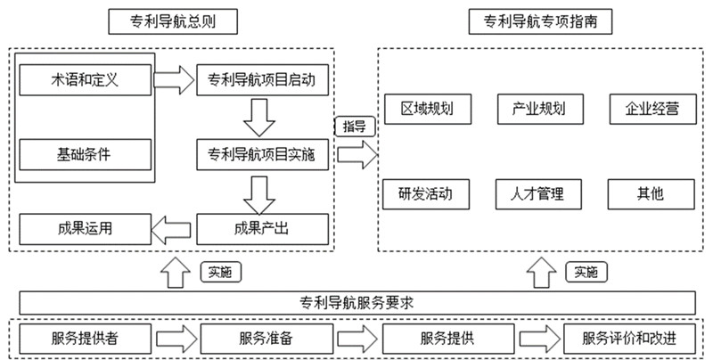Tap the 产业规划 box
point(539,110)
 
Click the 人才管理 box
point(539,192)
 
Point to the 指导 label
point(354,127)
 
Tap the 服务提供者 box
point(86,339)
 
